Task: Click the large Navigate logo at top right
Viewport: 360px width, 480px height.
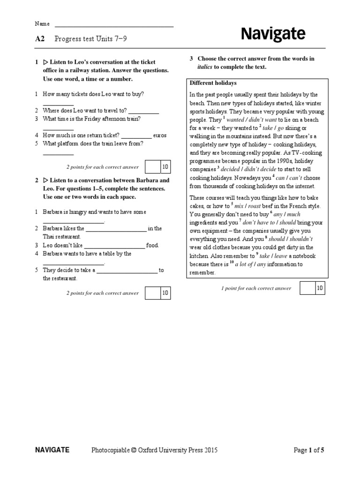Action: click(x=273, y=34)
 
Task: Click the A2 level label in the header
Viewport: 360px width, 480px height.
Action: click(x=40, y=39)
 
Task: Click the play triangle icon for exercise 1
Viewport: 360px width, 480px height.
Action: click(x=45, y=62)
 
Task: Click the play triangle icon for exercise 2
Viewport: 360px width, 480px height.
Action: click(x=45, y=180)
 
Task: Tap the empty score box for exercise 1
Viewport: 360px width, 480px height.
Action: click(x=152, y=167)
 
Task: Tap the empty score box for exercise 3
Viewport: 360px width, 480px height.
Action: click(x=307, y=288)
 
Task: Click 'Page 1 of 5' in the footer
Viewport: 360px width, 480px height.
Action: click(x=308, y=450)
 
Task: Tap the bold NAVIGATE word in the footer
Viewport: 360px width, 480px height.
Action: click(x=52, y=450)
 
